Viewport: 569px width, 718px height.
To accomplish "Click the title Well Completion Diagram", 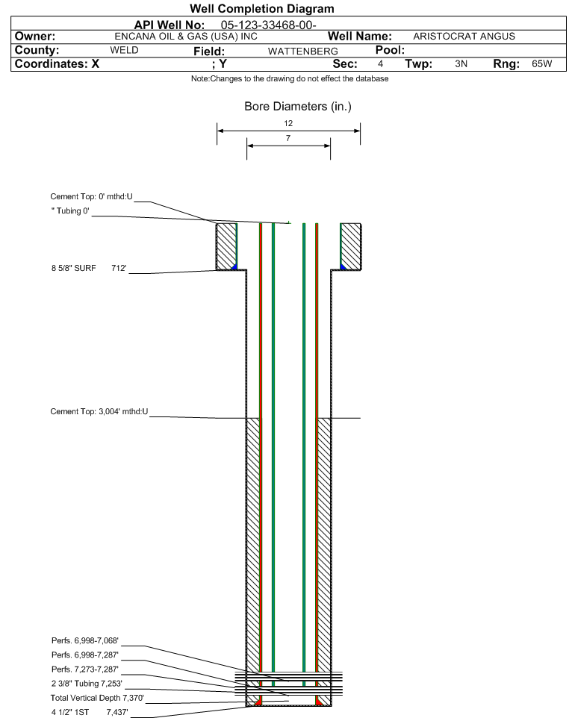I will click(262, 9).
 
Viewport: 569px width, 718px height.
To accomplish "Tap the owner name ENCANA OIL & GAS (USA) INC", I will click(186, 37).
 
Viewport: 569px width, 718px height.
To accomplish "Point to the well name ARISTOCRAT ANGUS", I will click(464, 37).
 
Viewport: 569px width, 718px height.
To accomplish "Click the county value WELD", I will click(124, 50).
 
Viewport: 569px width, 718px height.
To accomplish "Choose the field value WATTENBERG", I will click(302, 51).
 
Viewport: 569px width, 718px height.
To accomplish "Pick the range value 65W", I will click(541, 64).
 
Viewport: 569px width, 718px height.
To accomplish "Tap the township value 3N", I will click(461, 64).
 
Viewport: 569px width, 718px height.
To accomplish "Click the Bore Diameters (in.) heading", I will click(297, 107).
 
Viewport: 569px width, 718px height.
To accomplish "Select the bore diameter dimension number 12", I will click(288, 123).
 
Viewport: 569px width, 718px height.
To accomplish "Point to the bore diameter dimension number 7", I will click(287, 139).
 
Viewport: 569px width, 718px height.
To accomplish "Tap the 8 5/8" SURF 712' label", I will click(90, 267).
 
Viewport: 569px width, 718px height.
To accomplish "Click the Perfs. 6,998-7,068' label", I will click(84, 641).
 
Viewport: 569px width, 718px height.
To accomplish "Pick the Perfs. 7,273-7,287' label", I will click(84, 669).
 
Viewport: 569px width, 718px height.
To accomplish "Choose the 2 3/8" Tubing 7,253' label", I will click(86, 683).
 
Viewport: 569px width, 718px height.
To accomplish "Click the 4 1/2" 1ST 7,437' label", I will click(86, 712).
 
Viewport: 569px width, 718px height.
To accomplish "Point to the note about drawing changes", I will click(289, 79).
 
